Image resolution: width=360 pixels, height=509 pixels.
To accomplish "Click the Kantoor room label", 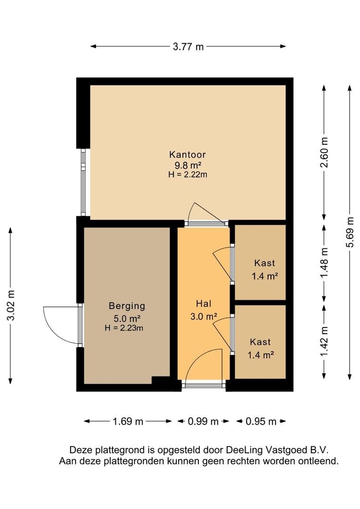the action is [x=188, y=155].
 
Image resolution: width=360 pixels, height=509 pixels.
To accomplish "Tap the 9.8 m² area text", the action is [x=188, y=165].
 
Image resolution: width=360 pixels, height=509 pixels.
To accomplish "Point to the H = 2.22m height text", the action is [x=188, y=175].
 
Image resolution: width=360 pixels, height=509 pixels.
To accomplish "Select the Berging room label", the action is [x=127, y=306].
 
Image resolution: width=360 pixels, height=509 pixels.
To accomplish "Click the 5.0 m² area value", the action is [x=127, y=319].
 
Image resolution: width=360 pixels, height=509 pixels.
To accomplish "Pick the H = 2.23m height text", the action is [x=123, y=328].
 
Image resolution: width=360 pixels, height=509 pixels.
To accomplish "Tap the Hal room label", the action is [x=204, y=304].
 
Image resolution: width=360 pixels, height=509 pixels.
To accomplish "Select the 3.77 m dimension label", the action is [x=188, y=47].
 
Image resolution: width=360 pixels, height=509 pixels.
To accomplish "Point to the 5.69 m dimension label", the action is [x=350, y=232].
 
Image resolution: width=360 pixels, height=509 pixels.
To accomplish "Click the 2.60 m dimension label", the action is [x=324, y=152].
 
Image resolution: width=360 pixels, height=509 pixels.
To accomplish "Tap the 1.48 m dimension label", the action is [x=324, y=263].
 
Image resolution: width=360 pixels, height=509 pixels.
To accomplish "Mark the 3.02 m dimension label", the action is [x=11, y=305].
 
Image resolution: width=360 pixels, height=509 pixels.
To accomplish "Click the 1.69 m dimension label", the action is [x=128, y=422].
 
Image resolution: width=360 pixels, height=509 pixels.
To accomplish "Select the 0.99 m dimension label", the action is [x=203, y=422].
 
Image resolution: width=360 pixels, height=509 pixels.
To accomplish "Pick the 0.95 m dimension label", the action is [x=261, y=422].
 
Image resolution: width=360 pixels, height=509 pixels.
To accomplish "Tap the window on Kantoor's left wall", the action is [x=83, y=182].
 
